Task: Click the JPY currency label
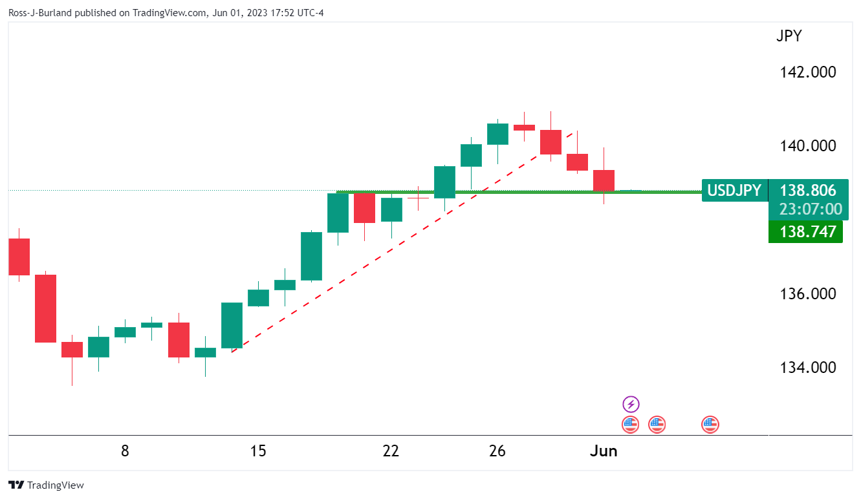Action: [x=789, y=36]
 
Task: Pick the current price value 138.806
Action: [x=808, y=191]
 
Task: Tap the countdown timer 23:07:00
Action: [x=808, y=209]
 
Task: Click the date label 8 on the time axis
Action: [x=125, y=451]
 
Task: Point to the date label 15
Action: [x=258, y=451]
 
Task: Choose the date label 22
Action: [x=391, y=451]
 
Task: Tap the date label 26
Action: [x=497, y=451]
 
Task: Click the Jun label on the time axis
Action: [x=604, y=451]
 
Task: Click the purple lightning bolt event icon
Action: [x=631, y=405]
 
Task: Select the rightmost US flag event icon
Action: [x=710, y=425]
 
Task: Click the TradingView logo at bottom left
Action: [x=47, y=485]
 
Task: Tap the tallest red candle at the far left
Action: [x=45, y=308]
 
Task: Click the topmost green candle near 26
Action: [x=497, y=134]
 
